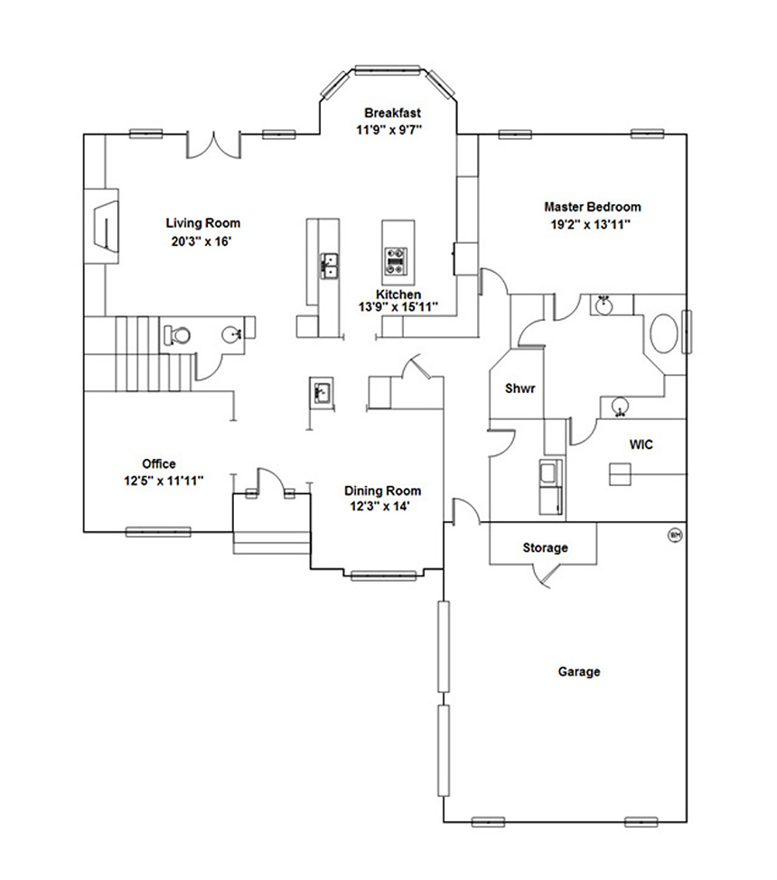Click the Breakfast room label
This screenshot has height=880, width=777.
click(x=392, y=113)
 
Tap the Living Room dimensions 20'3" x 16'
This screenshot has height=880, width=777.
click(x=201, y=242)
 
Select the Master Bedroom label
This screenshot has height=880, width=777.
click(x=593, y=207)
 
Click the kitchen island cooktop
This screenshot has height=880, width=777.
click(x=398, y=261)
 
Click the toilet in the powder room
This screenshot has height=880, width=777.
click(x=176, y=335)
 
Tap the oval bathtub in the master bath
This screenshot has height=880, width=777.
click(x=663, y=332)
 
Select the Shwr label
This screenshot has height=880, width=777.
click(x=520, y=388)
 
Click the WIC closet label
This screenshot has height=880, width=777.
click(x=641, y=445)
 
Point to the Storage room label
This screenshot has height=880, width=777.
click(x=545, y=548)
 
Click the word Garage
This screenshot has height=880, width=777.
click(x=579, y=671)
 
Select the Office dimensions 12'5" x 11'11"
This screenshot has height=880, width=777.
click(x=164, y=481)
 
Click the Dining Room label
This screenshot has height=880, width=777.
click(x=382, y=491)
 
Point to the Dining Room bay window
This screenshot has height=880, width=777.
click(x=384, y=575)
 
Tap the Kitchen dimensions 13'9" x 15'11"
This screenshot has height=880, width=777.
click(x=398, y=306)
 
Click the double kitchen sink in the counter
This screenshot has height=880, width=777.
click(x=330, y=266)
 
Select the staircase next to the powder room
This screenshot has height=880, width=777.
click(x=139, y=353)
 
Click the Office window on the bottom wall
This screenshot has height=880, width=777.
click(x=158, y=532)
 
